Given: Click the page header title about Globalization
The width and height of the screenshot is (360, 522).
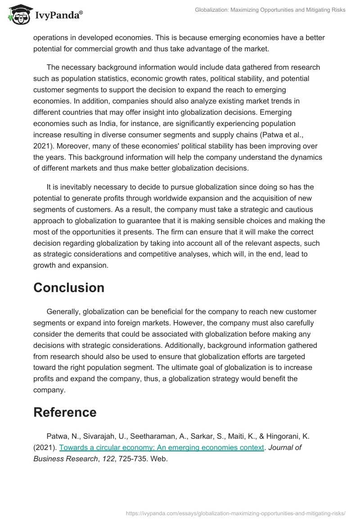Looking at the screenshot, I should tap(270, 9).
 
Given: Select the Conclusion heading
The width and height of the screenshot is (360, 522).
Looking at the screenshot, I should tap(69, 288).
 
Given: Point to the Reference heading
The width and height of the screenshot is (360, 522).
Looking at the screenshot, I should tap(65, 412).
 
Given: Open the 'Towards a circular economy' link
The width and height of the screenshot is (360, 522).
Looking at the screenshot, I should tap(162, 447).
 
